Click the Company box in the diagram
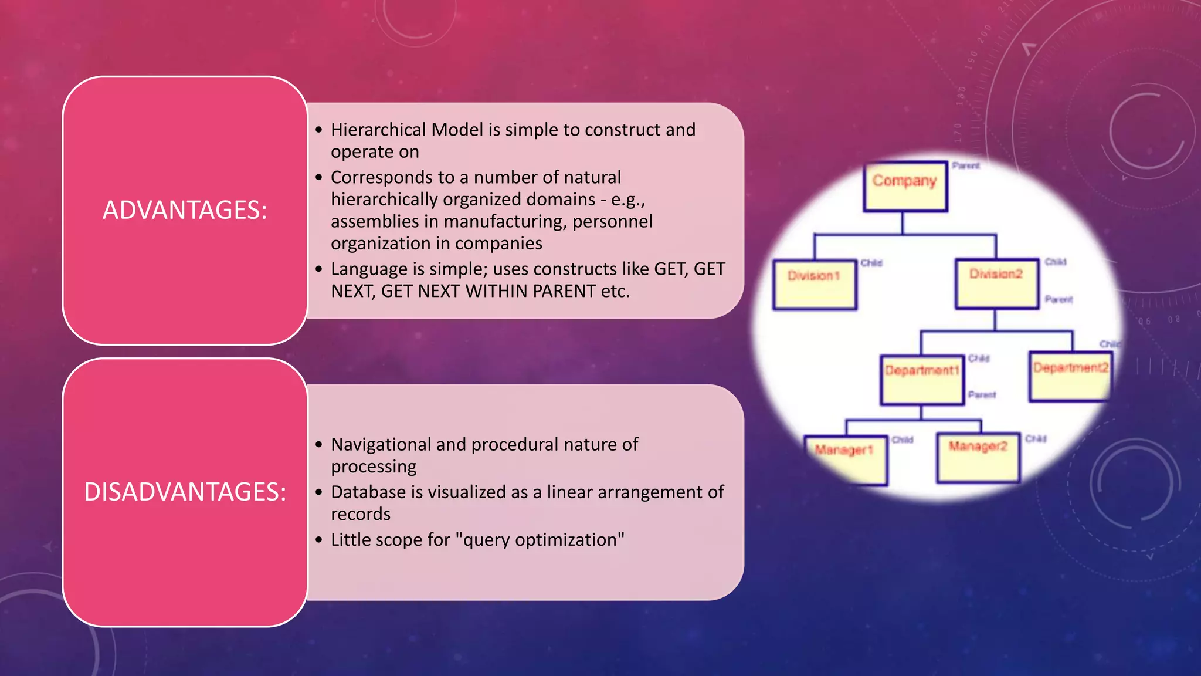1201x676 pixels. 905,186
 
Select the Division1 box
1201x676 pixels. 815,284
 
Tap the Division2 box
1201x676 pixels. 996,283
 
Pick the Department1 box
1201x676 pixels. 922,379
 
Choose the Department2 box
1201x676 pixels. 1070,376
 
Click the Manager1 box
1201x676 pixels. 845,459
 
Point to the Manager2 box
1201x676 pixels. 978,457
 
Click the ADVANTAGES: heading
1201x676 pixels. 185,211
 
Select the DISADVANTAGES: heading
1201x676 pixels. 185,492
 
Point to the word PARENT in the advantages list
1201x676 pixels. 564,291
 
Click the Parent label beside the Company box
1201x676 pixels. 965,166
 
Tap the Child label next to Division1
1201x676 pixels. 871,263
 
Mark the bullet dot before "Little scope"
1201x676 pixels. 319,540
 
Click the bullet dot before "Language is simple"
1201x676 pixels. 319,269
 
